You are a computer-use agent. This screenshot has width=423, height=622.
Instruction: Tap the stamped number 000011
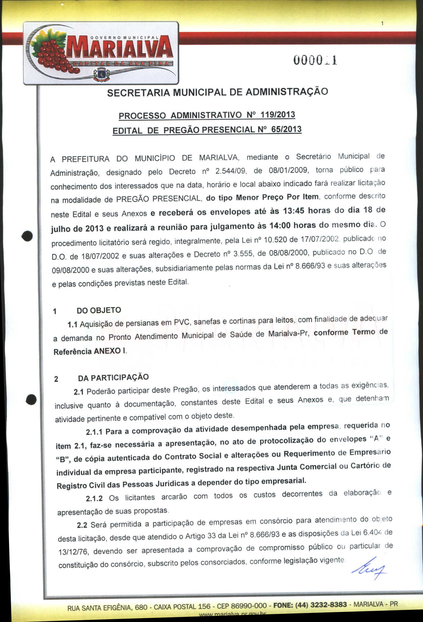coord(315,61)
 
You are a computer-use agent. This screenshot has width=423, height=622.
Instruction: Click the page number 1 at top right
coord(382,24)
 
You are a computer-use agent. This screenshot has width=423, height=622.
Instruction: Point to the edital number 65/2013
coord(286,129)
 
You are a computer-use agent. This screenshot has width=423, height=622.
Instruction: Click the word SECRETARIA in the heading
coord(138,93)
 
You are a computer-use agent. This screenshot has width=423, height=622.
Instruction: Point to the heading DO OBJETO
coord(99,310)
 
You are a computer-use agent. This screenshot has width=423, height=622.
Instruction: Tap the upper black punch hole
coord(27,236)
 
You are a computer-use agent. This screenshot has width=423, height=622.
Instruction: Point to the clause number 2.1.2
coord(94,498)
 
